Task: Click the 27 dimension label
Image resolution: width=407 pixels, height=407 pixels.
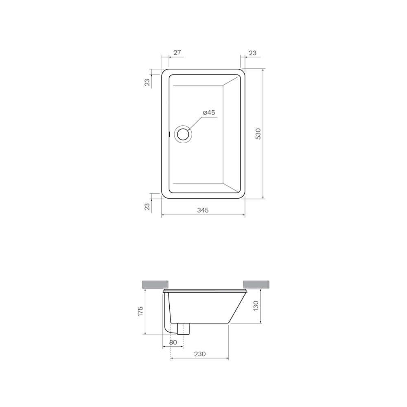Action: pos(177,53)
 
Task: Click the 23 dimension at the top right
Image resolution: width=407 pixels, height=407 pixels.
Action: pos(252,53)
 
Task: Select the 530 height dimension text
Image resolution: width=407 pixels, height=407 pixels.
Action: pos(258,133)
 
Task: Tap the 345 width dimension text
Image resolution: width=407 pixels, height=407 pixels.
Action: pos(203,210)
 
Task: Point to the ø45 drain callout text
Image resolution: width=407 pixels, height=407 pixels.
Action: pos(209,112)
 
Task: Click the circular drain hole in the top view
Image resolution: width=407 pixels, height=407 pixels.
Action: pos(183,134)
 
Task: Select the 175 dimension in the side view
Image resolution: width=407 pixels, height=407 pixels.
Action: pos(140,311)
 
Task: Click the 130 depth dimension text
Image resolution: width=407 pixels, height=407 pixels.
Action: pos(256,306)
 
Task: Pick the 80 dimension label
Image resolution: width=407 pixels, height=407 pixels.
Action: pos(173,342)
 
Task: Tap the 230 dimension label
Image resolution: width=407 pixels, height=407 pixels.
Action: pos(199,354)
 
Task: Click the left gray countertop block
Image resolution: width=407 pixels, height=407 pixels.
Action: pos(155,284)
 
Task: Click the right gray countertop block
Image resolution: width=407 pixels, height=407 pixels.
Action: pos(256,284)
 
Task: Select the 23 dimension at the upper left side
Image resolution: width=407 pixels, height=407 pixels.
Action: pos(147,82)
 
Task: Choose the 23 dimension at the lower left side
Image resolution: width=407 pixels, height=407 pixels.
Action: pos(147,206)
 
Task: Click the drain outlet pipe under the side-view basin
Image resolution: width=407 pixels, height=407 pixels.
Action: pos(184,328)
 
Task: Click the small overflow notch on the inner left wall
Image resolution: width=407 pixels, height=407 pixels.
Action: pos(169,133)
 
